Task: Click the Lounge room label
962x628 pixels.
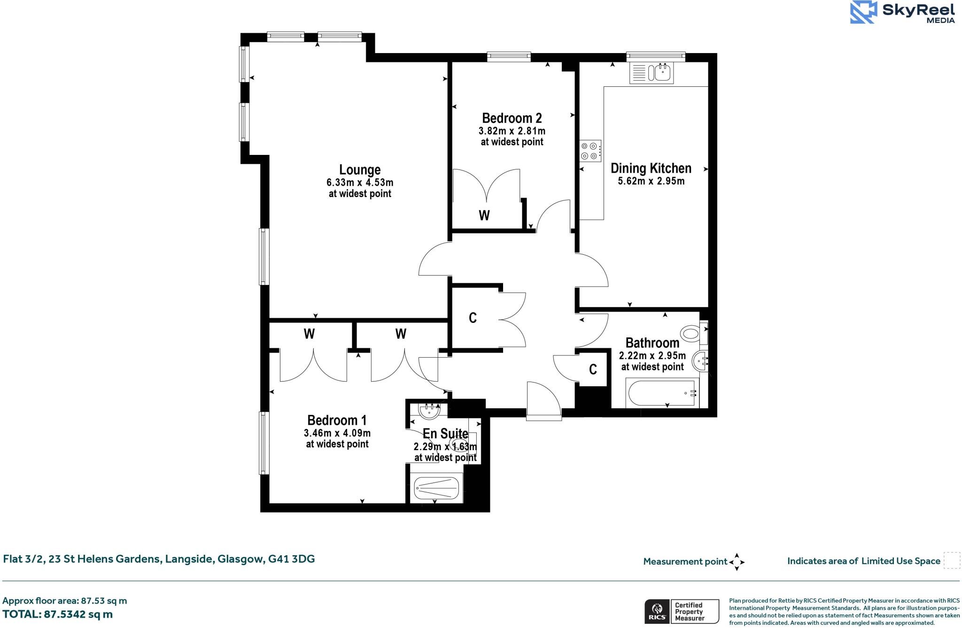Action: coord(360,169)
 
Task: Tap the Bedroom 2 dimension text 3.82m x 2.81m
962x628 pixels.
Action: coord(512,130)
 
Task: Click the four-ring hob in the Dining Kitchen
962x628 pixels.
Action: coord(590,151)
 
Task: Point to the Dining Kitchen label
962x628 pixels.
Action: coord(651,168)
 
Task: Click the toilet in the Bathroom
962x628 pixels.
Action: coord(691,334)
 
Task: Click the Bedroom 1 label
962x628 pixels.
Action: coord(336,420)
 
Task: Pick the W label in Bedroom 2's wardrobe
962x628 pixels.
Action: coord(484,215)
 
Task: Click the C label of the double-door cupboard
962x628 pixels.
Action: coord(473,318)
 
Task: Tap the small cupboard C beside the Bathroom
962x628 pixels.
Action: coord(593,369)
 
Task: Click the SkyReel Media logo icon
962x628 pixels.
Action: coord(863,12)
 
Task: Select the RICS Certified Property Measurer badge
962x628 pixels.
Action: coord(682,612)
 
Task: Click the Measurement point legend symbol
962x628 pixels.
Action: coord(737,561)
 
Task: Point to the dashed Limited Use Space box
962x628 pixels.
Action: coord(952,560)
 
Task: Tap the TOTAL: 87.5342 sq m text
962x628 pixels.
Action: coord(57,614)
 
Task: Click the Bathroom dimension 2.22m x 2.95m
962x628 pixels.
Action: coord(652,355)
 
